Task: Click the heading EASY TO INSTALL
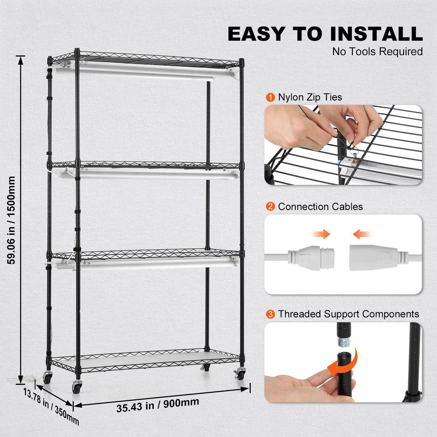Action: [325, 34]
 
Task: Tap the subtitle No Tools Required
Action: [377, 52]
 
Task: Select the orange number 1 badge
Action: [270, 98]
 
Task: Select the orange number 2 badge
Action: [270, 207]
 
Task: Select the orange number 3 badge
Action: [270, 314]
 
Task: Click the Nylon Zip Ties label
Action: [310, 98]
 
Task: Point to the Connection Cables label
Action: [320, 207]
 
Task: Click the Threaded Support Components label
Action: [348, 314]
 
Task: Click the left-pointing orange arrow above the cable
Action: [362, 235]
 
